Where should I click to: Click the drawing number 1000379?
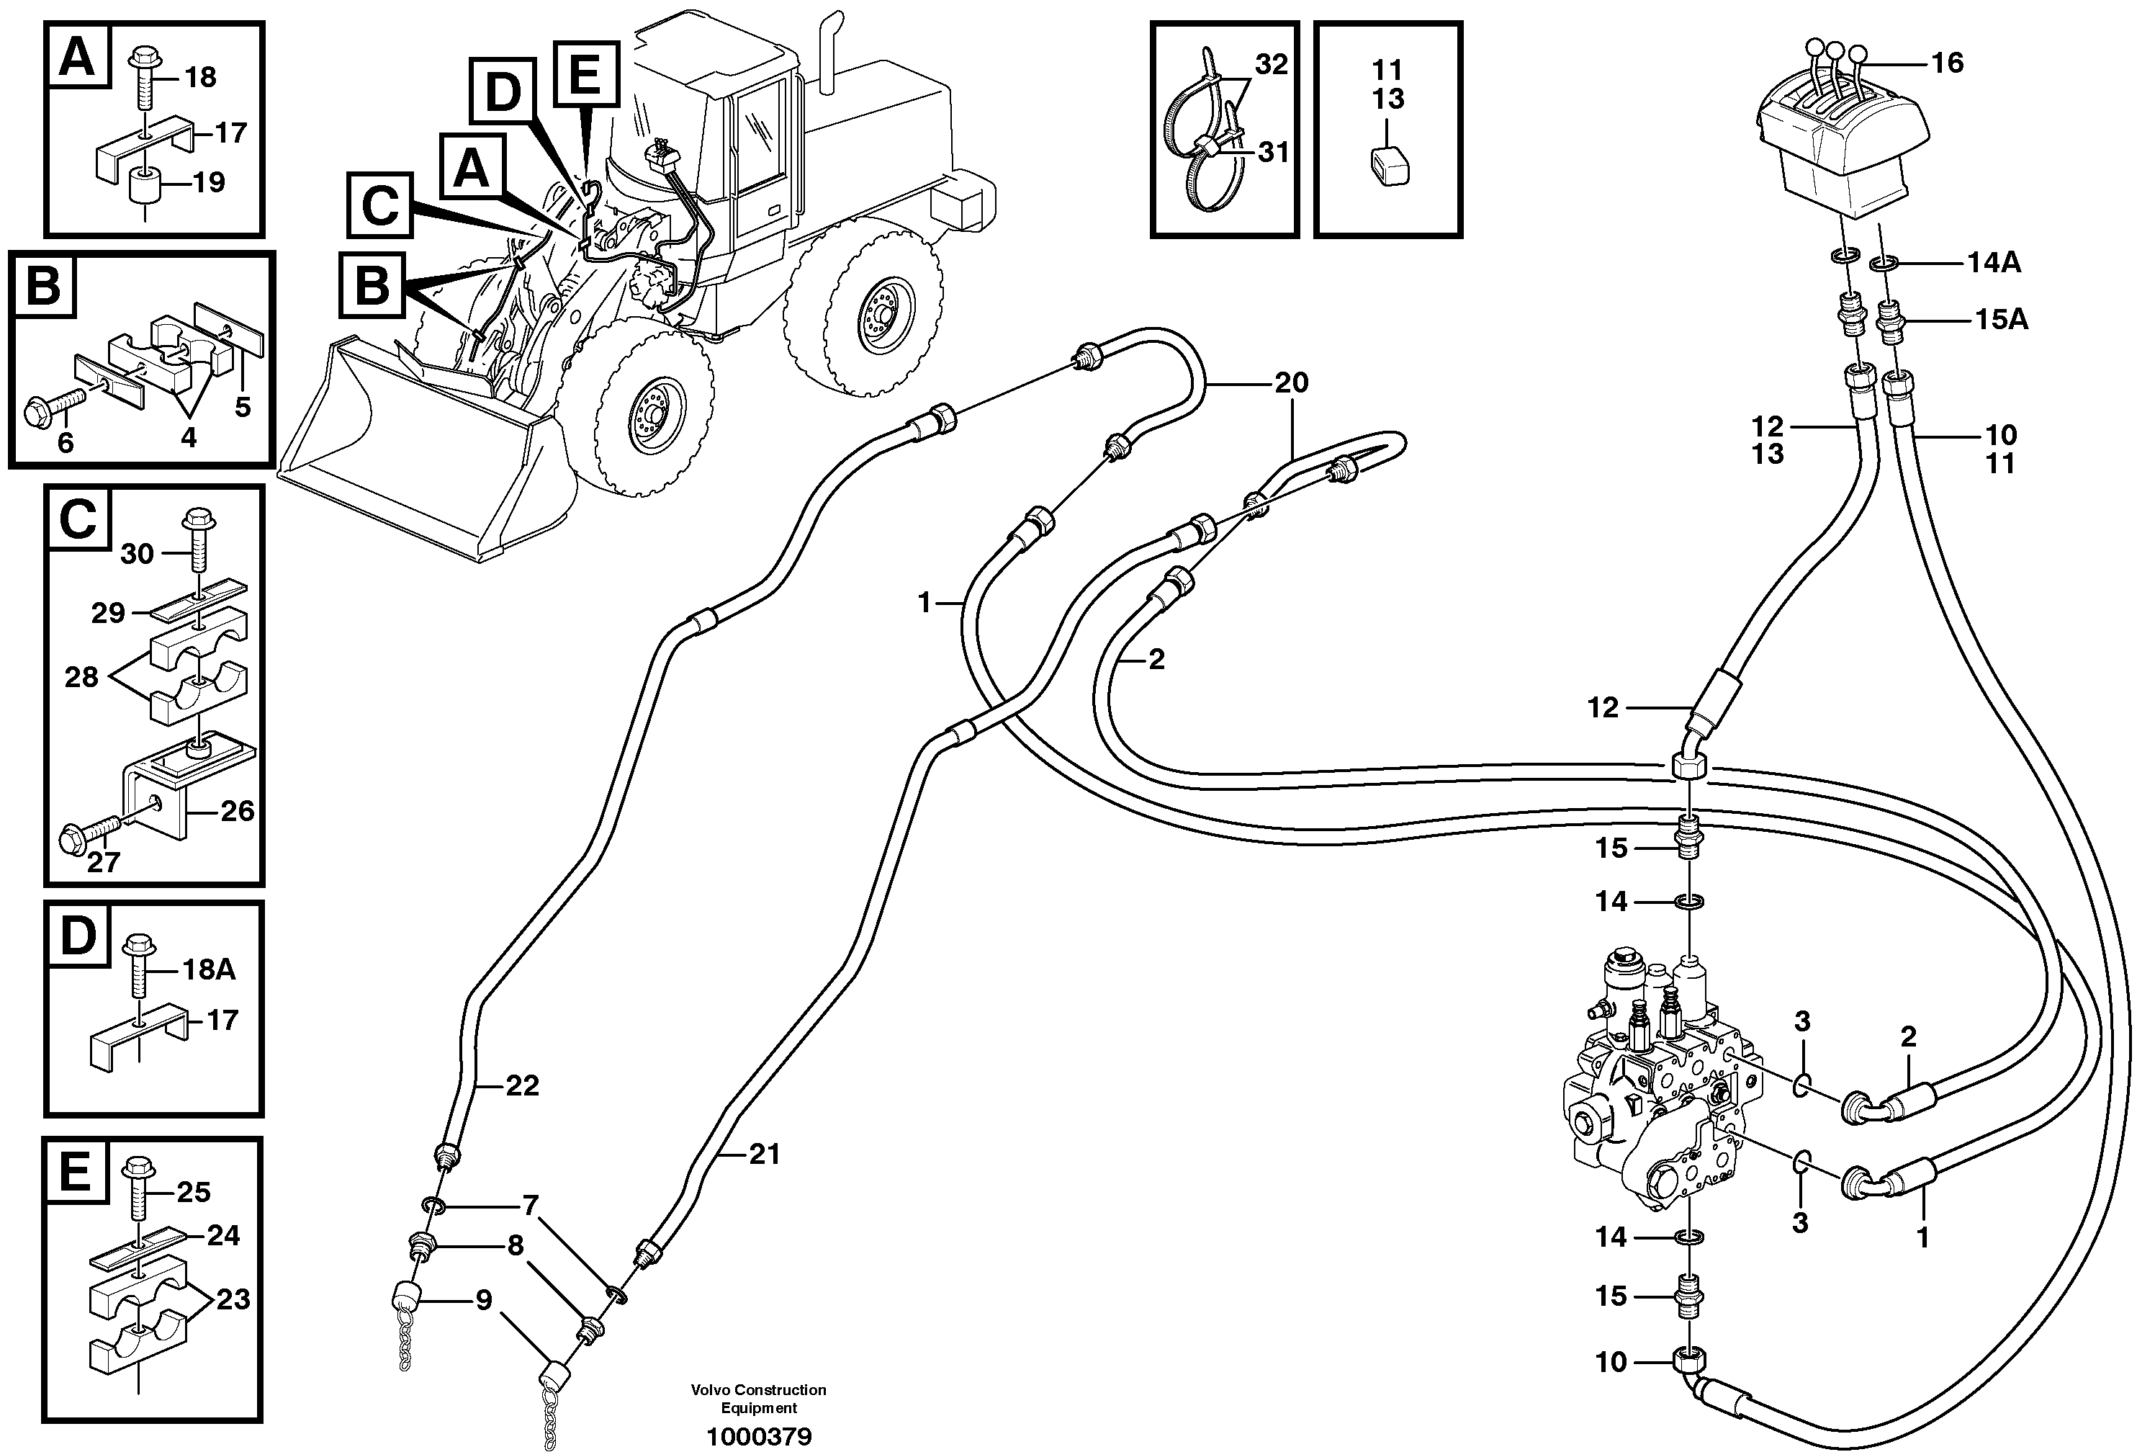tap(759, 1436)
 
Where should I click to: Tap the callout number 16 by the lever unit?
tap(1948, 63)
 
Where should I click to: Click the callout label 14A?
tap(1994, 263)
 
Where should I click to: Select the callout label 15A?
tap(2002, 319)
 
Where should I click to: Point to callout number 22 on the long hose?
tap(522, 1086)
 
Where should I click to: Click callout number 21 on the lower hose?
tap(764, 1153)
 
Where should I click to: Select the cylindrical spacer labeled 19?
tap(145, 189)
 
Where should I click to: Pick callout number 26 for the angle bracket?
tap(237, 811)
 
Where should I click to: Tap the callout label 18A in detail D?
tap(209, 969)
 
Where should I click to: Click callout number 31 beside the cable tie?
tap(1273, 152)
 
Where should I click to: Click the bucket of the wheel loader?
tap(414, 460)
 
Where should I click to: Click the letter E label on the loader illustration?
tap(585, 73)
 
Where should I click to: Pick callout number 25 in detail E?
tap(193, 1192)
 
